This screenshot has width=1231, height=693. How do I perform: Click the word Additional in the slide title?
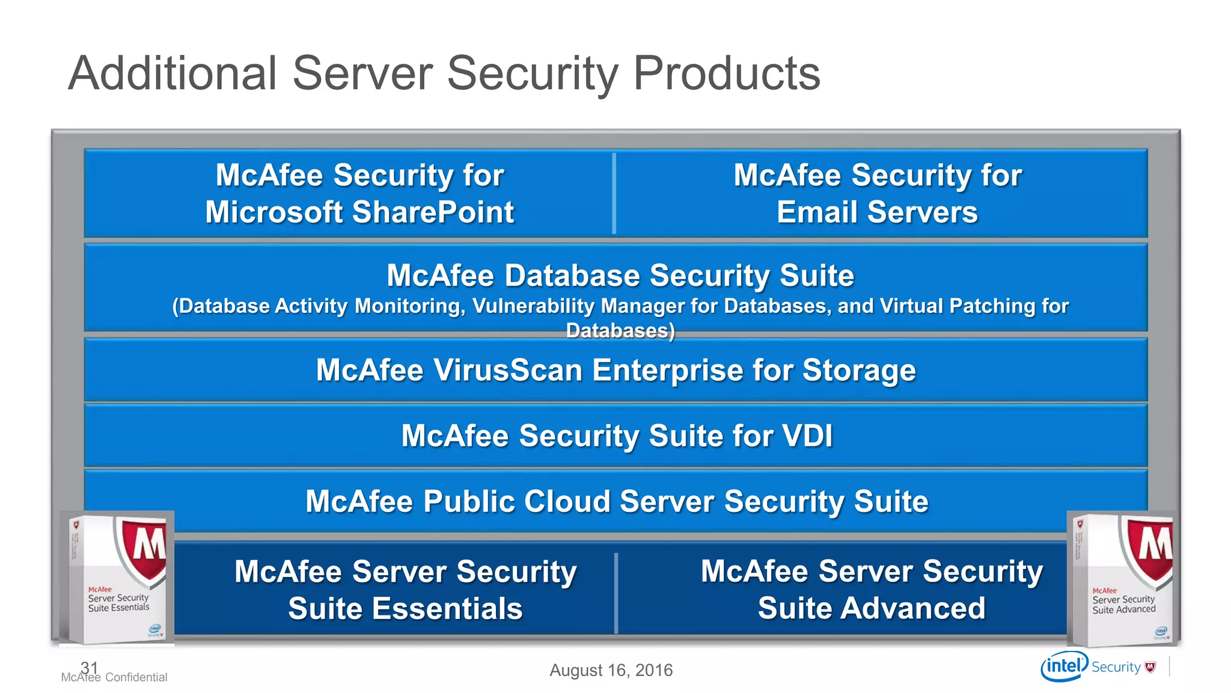tap(173, 73)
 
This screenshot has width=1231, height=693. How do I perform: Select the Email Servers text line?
tap(877, 212)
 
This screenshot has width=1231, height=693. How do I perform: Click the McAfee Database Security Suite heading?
tap(620, 276)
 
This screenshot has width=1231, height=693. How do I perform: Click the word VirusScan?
tap(509, 370)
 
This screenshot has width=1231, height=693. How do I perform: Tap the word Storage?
tap(859, 370)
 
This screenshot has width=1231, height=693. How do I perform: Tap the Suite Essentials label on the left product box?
tap(118, 608)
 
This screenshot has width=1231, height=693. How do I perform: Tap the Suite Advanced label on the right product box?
tap(1123, 609)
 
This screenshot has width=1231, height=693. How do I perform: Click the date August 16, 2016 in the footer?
tap(611, 670)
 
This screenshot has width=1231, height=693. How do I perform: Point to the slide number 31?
tap(89, 667)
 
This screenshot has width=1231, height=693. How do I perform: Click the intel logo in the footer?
tap(1065, 666)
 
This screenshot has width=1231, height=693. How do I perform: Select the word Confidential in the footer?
tap(136, 677)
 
